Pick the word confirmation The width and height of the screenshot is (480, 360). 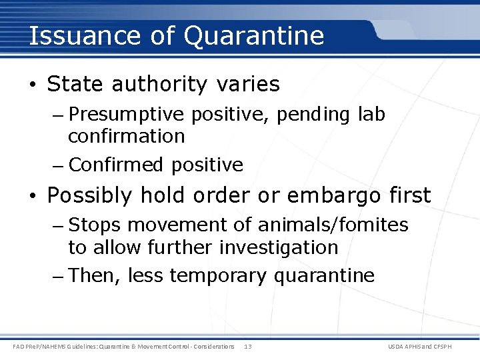[x=126, y=137]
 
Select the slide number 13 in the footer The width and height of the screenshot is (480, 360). [x=248, y=346]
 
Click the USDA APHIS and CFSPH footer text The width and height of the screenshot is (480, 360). [x=429, y=346]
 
